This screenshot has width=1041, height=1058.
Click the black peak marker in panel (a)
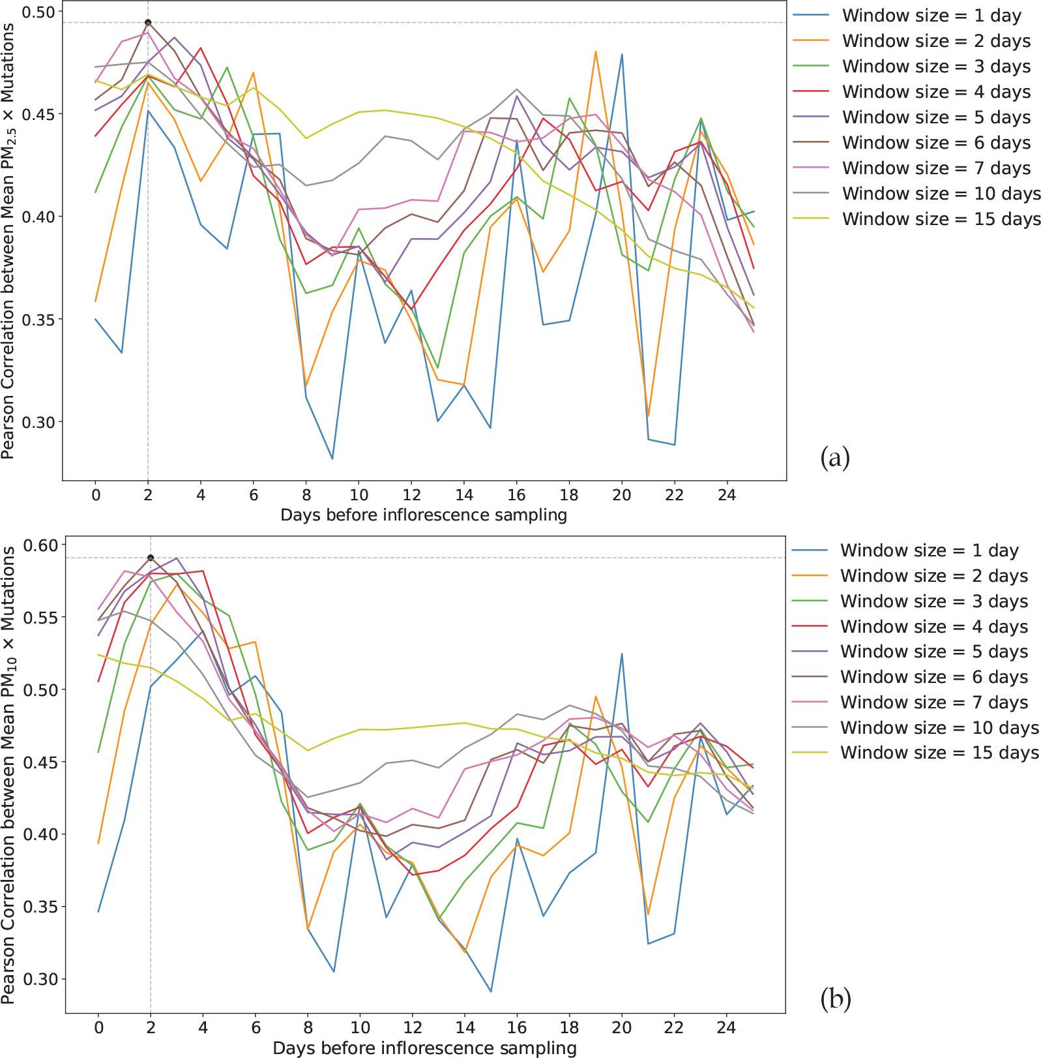coord(148,23)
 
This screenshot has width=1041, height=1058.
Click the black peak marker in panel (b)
coord(151,558)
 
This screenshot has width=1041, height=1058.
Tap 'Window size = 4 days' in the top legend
coord(936,92)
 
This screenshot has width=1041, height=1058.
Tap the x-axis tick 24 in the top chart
coord(727,495)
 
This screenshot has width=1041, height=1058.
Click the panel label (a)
coord(835,458)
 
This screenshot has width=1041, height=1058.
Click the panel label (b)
coord(836,998)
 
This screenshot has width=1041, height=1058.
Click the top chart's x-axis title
coord(424,515)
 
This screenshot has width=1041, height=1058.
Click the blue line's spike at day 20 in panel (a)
coord(622,54)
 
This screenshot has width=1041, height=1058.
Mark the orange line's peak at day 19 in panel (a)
coord(595,51)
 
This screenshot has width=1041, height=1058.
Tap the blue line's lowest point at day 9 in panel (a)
coord(332,459)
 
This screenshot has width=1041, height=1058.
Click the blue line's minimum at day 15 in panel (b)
coord(490,991)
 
